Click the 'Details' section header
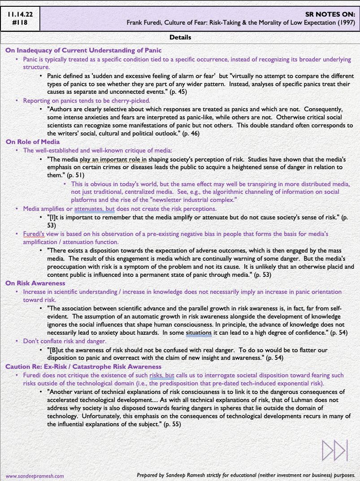pos(180,37)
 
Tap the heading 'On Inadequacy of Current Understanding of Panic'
pos(83,50)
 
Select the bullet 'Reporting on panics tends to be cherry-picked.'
pos(87,101)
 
